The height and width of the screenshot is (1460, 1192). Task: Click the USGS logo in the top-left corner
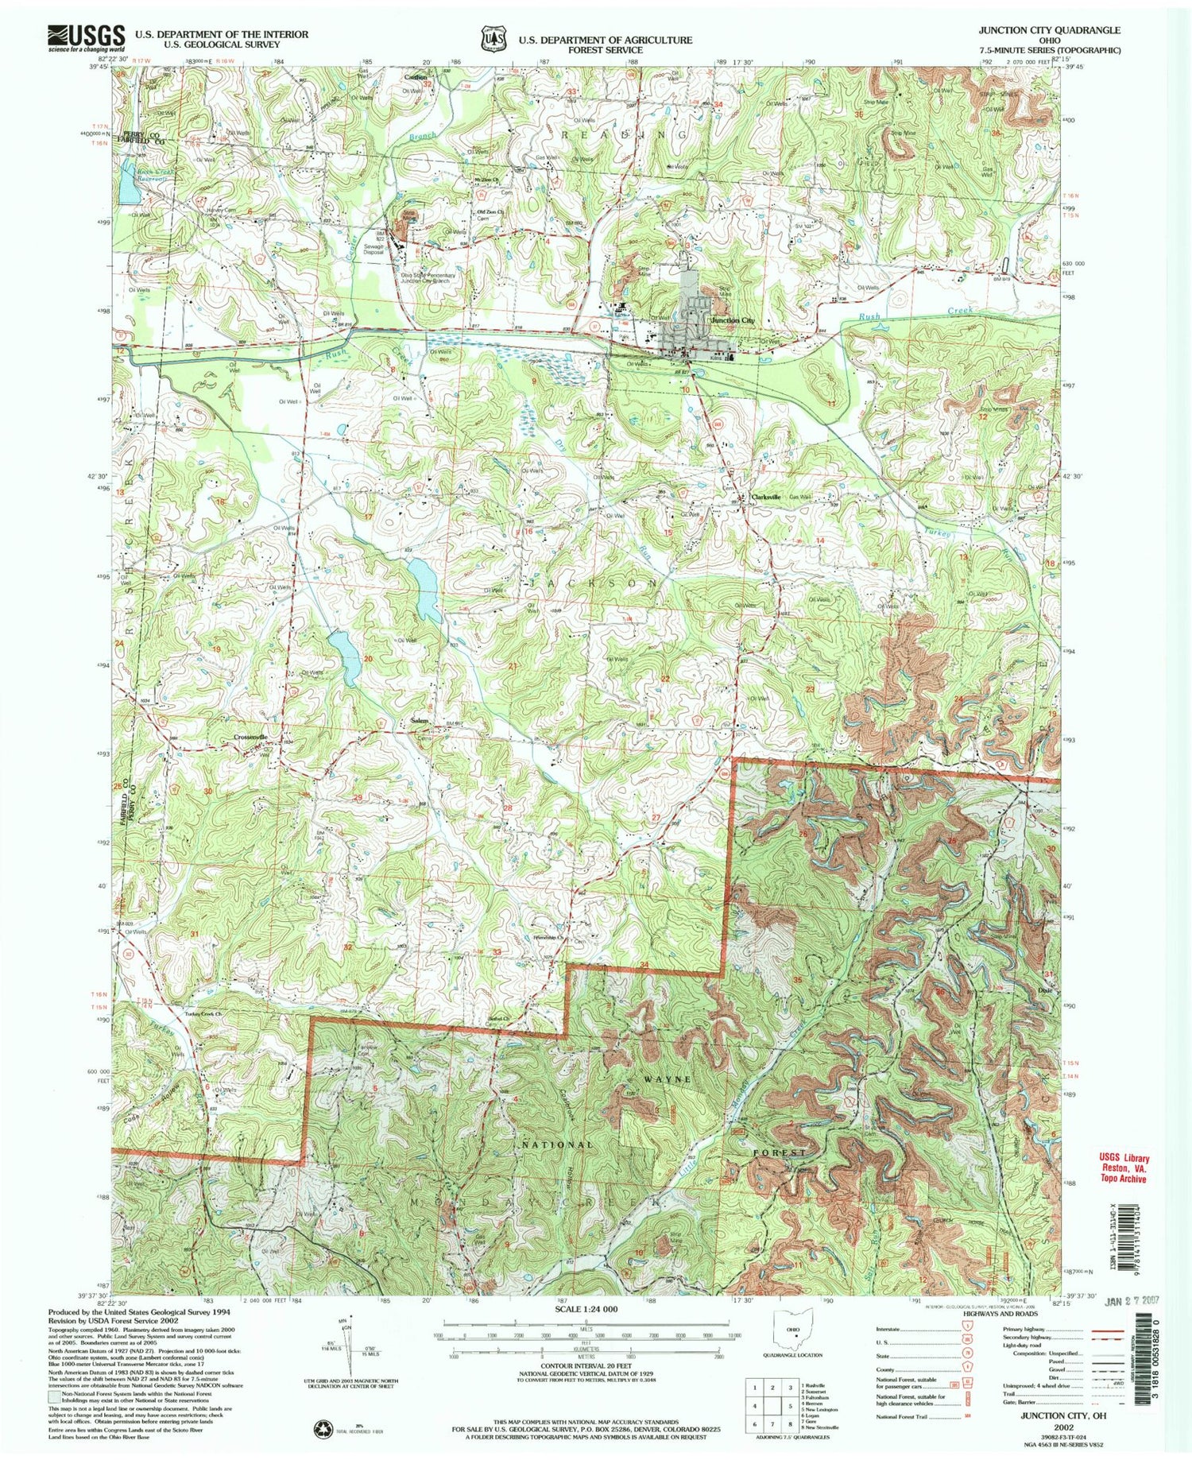coord(87,37)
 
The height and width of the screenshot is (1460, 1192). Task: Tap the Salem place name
coord(419,721)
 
